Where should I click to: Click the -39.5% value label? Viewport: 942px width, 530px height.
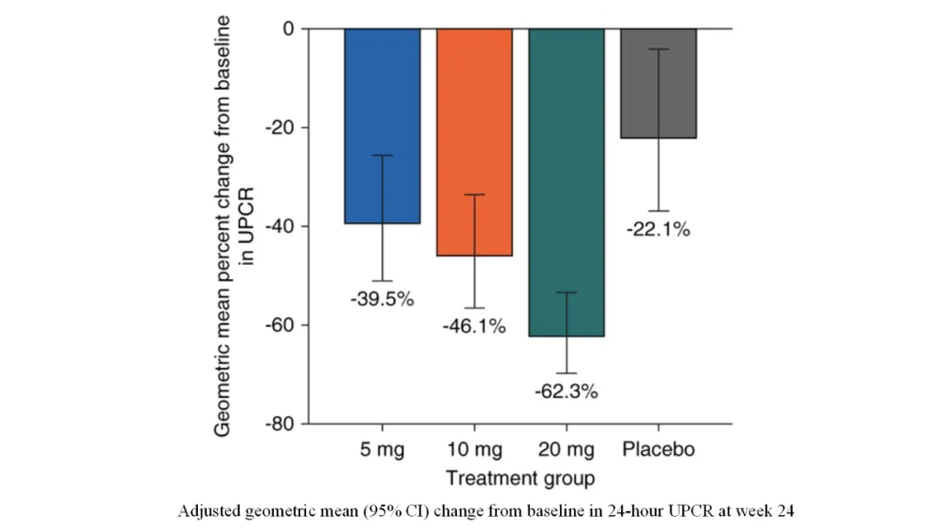point(382,300)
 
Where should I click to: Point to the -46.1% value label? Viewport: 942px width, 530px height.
point(474,327)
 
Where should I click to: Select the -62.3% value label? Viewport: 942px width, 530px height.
point(567,391)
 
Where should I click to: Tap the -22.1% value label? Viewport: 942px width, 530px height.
point(659,230)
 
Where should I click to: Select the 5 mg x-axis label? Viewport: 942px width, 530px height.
point(382,450)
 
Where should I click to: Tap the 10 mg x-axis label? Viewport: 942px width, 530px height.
point(474,450)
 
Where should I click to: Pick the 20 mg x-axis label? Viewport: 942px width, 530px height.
point(567,450)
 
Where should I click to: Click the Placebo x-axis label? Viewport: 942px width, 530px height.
point(659,450)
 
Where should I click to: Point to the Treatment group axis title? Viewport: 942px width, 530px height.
point(520,478)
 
